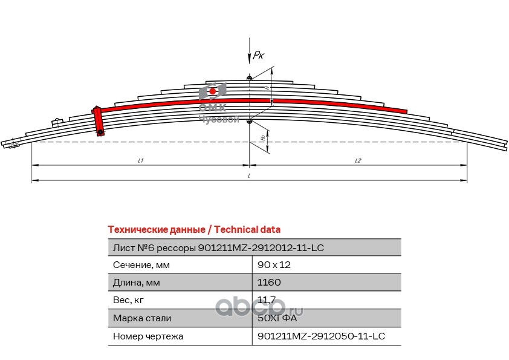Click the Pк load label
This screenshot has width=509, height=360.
259,55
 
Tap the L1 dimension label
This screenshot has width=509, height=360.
140,160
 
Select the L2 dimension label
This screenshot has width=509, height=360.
358,160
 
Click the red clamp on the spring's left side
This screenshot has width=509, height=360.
98,121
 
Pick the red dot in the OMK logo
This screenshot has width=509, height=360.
213,91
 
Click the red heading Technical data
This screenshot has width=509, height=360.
193,230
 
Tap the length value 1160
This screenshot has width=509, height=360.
269,283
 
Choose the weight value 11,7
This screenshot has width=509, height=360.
267,300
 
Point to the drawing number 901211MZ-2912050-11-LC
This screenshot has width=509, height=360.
321,335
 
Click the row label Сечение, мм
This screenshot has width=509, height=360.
141,265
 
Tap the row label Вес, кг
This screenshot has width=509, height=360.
128,300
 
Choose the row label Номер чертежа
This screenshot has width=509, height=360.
148,335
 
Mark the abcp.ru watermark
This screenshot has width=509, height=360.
260,309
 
